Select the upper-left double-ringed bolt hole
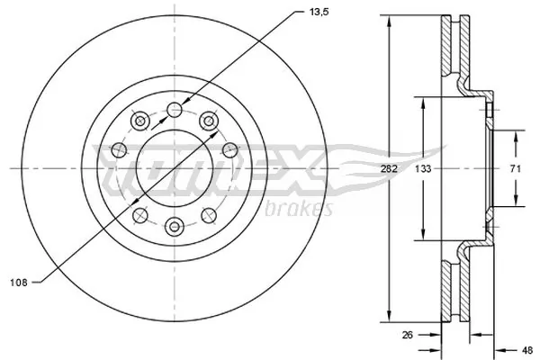tap(139, 120)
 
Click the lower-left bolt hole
tap(140, 214)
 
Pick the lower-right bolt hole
tap(210, 214)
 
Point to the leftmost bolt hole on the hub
tap(118, 149)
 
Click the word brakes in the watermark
tap(301, 210)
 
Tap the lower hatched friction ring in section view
tap(451, 288)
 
